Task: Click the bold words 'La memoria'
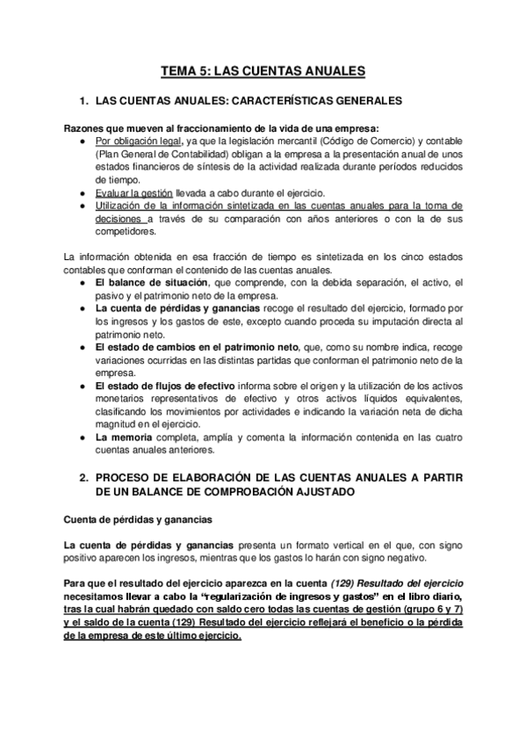(123, 438)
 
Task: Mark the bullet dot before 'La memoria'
(82, 438)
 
